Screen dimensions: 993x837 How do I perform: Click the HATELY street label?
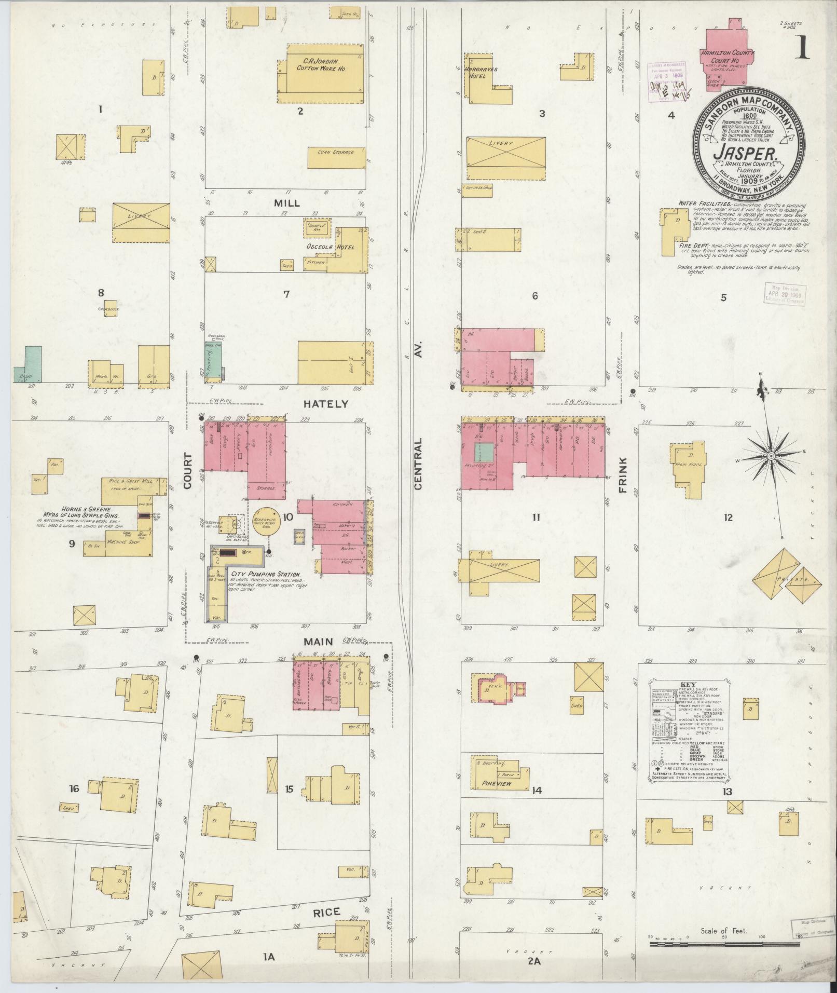pyautogui.click(x=326, y=403)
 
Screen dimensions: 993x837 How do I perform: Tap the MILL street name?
pyautogui.click(x=287, y=203)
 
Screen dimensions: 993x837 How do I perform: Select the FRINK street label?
pyautogui.click(x=623, y=475)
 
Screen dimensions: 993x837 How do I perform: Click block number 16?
pyautogui.click(x=74, y=788)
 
